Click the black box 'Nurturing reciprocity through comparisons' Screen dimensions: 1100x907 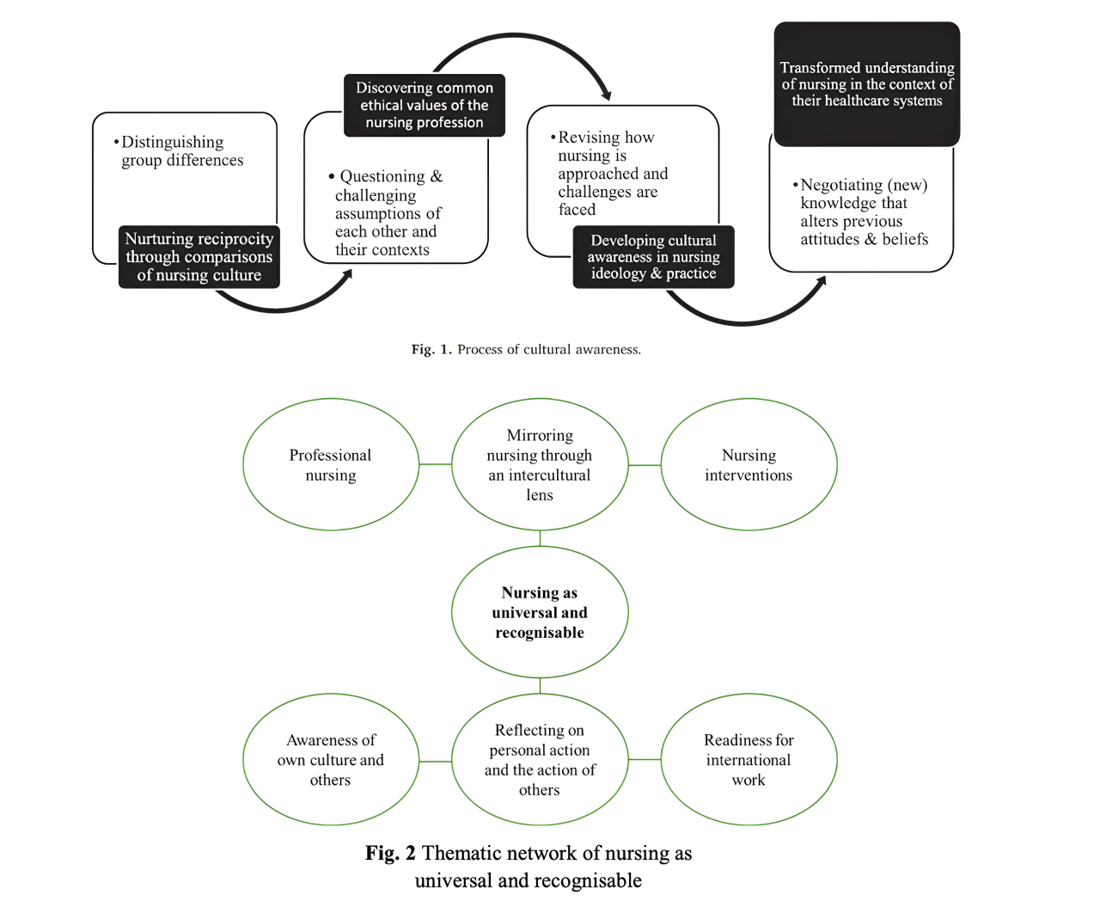pos(199,257)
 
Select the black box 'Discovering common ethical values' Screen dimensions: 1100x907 pos(424,106)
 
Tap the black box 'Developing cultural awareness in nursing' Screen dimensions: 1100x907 pos(653,257)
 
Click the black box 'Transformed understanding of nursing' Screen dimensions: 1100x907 pos(866,83)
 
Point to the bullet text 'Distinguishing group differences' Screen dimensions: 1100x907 pos(179,150)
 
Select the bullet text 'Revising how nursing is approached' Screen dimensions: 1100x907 pos(609,173)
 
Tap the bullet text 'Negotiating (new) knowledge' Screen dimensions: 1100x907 pos(861,211)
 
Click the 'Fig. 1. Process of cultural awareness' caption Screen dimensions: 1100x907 pos(526,349)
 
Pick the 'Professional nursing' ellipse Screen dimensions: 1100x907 pos(331,464)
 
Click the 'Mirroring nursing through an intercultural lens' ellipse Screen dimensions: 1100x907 pos(540,464)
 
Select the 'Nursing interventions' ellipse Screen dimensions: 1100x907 pos(749,464)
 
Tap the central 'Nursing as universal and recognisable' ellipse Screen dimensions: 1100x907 pos(540,612)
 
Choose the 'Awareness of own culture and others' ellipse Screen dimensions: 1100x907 pos(331,759)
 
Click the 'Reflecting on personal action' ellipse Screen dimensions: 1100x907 pos(540,759)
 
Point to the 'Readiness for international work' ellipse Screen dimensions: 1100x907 pos(749,759)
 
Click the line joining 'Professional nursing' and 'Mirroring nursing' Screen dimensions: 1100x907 pos(435,464)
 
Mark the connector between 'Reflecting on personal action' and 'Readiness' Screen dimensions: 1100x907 pos(645,759)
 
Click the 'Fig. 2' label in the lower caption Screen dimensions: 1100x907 pos(390,853)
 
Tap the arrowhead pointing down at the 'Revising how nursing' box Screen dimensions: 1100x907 pos(607,95)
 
